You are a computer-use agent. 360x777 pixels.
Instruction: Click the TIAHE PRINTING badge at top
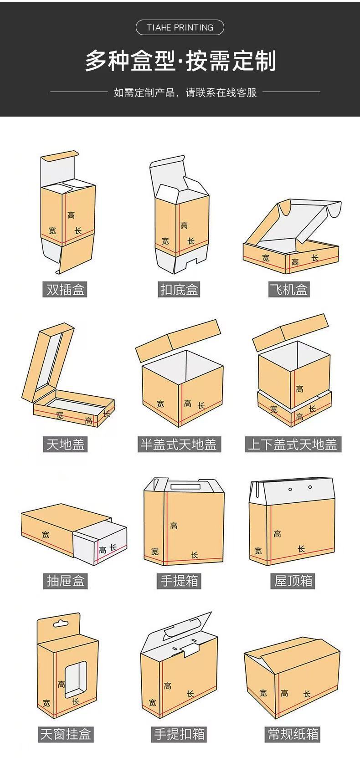(180, 28)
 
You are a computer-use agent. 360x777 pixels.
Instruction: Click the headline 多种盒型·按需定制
(180, 61)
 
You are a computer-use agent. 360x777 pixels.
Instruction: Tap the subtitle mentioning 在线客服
(185, 92)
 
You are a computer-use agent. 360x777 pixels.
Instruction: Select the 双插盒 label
(66, 289)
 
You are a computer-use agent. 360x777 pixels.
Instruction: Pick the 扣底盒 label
(180, 289)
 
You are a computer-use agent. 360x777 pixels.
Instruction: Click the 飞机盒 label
(289, 289)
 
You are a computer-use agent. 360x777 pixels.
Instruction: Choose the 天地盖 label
(66, 444)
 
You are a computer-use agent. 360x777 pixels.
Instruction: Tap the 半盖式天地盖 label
(180, 444)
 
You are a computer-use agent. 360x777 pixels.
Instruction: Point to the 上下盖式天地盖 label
(293, 444)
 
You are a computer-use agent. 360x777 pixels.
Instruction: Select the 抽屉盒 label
(66, 581)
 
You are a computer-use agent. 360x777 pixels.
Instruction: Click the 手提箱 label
(180, 581)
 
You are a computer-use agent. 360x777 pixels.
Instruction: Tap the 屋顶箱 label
(293, 581)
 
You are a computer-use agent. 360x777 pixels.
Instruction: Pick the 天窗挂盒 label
(66, 734)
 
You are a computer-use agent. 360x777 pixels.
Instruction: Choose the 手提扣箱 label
(180, 734)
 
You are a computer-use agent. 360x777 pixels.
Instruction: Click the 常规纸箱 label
(293, 734)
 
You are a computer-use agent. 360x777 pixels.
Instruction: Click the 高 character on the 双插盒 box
(71, 215)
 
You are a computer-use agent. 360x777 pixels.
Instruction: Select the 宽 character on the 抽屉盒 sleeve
(45, 535)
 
